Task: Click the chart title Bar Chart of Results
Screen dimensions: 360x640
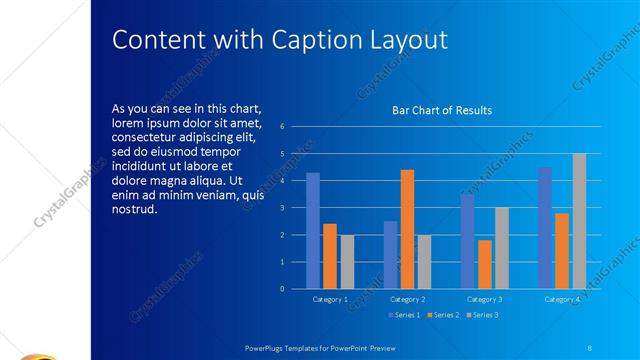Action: (x=441, y=111)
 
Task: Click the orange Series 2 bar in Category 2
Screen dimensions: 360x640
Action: (x=407, y=229)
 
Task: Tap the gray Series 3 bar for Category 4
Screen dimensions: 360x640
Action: (x=579, y=221)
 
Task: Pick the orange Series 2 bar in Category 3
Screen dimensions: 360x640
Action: (x=485, y=264)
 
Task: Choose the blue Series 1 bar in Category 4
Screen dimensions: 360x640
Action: (x=545, y=228)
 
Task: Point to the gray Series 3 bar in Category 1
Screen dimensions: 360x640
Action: (x=347, y=262)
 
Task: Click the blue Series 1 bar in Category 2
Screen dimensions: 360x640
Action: (x=390, y=255)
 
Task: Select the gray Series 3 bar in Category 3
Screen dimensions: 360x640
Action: (x=502, y=248)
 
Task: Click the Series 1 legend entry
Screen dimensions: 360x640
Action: (x=404, y=315)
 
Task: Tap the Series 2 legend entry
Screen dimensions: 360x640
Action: (x=443, y=315)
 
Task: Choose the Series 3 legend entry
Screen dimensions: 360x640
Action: (x=482, y=315)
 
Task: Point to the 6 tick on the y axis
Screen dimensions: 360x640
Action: (x=284, y=127)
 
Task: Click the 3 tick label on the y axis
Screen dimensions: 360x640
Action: (x=284, y=208)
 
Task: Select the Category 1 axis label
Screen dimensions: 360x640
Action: (x=330, y=299)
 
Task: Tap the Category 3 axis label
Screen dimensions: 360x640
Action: (x=485, y=299)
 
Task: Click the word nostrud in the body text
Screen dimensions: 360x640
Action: (x=135, y=209)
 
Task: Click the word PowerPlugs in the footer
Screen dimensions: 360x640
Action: (x=268, y=346)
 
